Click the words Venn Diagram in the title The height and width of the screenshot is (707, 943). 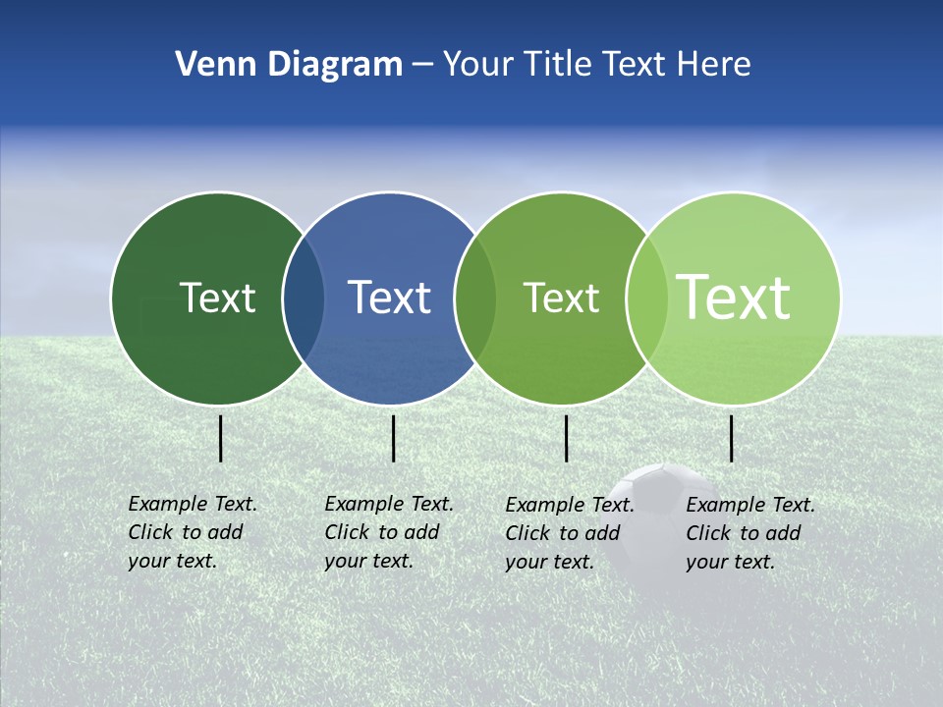click(x=289, y=65)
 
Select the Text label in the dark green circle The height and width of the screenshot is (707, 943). click(x=217, y=298)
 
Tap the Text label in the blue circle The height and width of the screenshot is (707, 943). click(x=390, y=298)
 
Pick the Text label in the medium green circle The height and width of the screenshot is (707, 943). click(x=561, y=298)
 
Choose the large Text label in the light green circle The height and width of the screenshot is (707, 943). click(x=734, y=297)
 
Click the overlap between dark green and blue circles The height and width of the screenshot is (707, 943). click(x=304, y=299)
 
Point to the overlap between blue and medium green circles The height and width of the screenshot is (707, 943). click(x=475, y=299)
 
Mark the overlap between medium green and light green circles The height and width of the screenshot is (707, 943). click(x=646, y=299)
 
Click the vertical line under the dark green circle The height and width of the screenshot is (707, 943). click(x=221, y=438)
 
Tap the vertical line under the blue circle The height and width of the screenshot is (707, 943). click(x=393, y=438)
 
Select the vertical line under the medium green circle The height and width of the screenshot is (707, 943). click(x=567, y=438)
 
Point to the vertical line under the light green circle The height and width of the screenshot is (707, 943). click(x=732, y=438)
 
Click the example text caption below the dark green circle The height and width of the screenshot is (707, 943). click(x=192, y=532)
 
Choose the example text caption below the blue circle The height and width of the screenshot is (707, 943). click(x=388, y=532)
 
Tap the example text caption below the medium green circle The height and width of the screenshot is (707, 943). click(x=569, y=533)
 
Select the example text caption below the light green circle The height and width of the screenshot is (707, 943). click(x=749, y=533)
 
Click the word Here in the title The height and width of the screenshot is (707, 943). click(x=714, y=65)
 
